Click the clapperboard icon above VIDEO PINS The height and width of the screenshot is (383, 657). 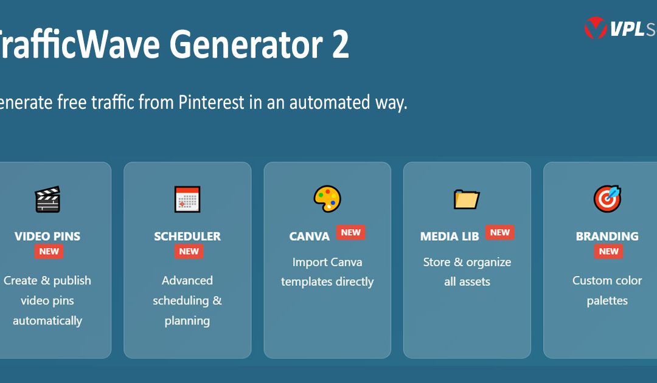(47, 199)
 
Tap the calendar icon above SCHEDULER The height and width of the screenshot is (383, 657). (187, 199)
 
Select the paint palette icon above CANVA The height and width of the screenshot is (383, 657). (327, 199)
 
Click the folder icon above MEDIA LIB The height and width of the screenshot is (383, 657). (467, 199)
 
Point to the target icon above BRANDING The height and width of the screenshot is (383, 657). (607, 199)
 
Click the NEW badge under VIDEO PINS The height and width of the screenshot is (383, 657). (49, 251)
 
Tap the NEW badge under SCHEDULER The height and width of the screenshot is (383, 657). (189, 251)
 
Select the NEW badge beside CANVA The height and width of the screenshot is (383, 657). (351, 232)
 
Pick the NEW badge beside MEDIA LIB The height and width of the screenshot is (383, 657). (500, 232)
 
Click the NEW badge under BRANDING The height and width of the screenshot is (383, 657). (609, 251)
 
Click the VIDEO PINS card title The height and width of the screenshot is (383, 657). (47, 236)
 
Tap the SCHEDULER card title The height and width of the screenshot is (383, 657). (187, 236)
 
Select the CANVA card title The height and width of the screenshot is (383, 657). (310, 236)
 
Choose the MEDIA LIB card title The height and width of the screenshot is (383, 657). (450, 236)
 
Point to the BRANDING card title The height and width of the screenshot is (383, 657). (607, 236)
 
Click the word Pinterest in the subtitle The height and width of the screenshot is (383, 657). (210, 102)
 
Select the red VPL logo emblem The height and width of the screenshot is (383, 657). (595, 28)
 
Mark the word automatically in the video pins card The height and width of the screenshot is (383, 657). (47, 320)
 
